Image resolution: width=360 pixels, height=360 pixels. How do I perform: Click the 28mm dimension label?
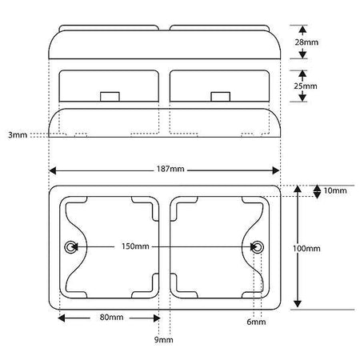pos(306,42)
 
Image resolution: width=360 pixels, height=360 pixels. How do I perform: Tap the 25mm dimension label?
pos(306,86)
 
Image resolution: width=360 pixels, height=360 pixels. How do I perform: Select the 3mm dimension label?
pos(18,135)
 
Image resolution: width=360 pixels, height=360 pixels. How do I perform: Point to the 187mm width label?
pos(170,169)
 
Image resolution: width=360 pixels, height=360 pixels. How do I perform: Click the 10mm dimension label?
pos(335,190)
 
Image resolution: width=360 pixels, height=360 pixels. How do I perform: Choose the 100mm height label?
pos(306,249)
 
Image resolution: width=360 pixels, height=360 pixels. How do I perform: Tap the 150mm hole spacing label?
pos(135,246)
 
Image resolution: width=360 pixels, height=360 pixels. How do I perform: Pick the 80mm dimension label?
pos(111,318)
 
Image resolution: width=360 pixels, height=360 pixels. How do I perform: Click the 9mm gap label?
pos(163,340)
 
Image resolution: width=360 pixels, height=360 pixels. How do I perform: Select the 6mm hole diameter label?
pos(256,322)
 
